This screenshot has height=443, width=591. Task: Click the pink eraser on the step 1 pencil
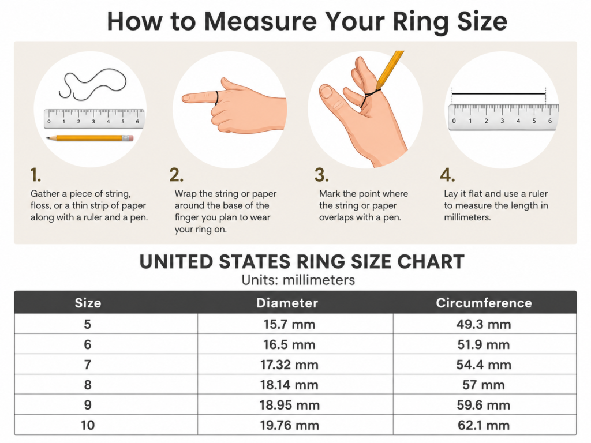pyautogui.click(x=129, y=138)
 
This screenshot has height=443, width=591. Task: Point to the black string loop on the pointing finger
pyautogui.click(x=217, y=97)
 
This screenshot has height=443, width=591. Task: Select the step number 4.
pyautogui.click(x=447, y=175)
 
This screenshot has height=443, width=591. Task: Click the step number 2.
pyautogui.click(x=177, y=175)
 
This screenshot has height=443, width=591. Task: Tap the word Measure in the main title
pyautogui.click(x=260, y=21)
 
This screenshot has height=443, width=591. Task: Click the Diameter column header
pyautogui.click(x=287, y=303)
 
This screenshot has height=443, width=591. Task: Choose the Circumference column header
pyautogui.click(x=484, y=303)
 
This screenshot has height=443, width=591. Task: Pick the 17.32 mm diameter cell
pyautogui.click(x=290, y=365)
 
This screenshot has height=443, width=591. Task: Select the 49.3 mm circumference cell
pyautogui.click(x=484, y=324)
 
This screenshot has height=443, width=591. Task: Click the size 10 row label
pyautogui.click(x=88, y=425)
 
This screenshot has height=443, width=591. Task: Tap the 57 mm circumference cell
pyautogui.click(x=484, y=385)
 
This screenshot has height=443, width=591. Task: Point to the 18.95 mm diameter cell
pyautogui.click(x=290, y=405)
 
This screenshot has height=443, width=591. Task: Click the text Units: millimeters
pyautogui.click(x=298, y=280)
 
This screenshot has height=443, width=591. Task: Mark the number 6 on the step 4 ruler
pyautogui.click(x=550, y=121)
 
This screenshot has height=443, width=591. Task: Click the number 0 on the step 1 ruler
pyautogui.click(x=49, y=122)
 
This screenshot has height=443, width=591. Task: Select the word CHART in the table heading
pyautogui.click(x=431, y=262)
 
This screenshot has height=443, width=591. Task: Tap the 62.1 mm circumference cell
pyautogui.click(x=484, y=425)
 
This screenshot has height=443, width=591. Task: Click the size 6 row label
pyautogui.click(x=88, y=345)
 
